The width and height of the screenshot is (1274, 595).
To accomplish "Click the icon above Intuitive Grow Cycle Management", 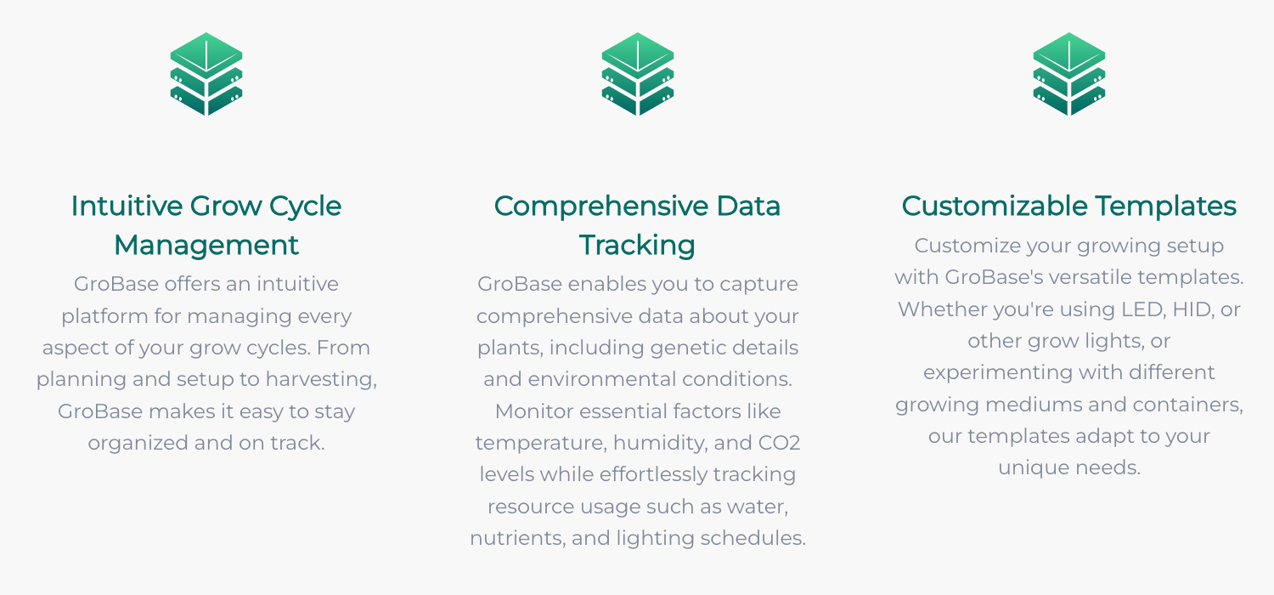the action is pyautogui.click(x=206, y=74).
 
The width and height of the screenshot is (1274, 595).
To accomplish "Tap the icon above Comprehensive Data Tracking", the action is pyautogui.click(x=638, y=74).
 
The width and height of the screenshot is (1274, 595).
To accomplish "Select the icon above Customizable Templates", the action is pyautogui.click(x=1069, y=74).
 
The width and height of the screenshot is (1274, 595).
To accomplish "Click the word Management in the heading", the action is pyautogui.click(x=206, y=246).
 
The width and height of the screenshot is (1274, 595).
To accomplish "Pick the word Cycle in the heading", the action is pyautogui.click(x=305, y=207).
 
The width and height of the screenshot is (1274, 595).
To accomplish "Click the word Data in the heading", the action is pyautogui.click(x=748, y=206).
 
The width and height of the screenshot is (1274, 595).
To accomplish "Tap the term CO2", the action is pyautogui.click(x=779, y=442).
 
